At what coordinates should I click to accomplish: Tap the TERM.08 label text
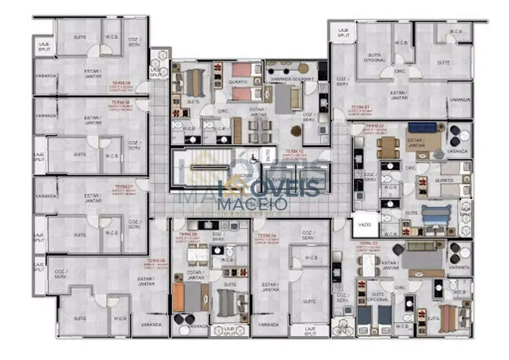120,102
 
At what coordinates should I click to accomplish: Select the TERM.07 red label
121,187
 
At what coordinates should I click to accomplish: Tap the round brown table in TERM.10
296,131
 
